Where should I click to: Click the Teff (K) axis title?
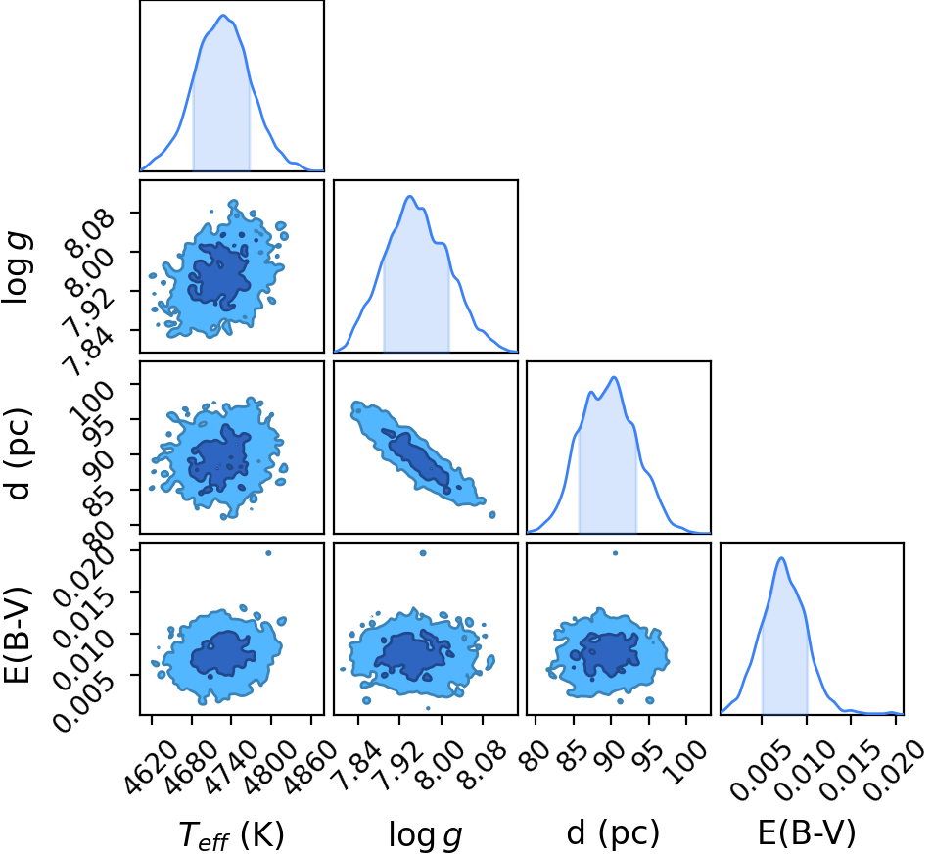tap(232, 834)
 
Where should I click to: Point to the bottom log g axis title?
tap(426, 834)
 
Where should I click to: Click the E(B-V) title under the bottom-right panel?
tap(807, 832)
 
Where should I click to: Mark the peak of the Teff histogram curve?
tap(223, 16)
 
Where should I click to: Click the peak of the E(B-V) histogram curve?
tap(781, 558)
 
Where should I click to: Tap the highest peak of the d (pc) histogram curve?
tap(614, 378)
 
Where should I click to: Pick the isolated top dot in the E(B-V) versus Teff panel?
tap(268, 553)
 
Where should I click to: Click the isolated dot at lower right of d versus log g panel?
tap(492, 515)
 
